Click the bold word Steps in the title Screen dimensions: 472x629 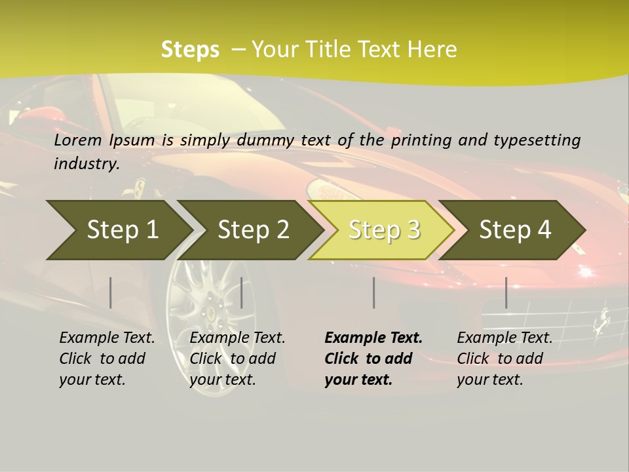coord(190,50)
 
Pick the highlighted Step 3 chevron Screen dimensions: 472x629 coord(383,230)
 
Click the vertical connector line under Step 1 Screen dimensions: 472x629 coord(111,292)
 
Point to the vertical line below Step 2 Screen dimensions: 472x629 coord(242,292)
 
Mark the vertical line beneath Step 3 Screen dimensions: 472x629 coord(373,292)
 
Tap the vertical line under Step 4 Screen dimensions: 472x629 coord(506,292)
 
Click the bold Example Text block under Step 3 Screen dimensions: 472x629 coord(373,359)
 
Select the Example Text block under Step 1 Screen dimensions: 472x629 coord(107,359)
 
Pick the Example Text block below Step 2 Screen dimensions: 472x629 coord(237,359)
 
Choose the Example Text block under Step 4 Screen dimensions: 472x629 coord(505,359)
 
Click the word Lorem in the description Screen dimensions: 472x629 coord(78,140)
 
